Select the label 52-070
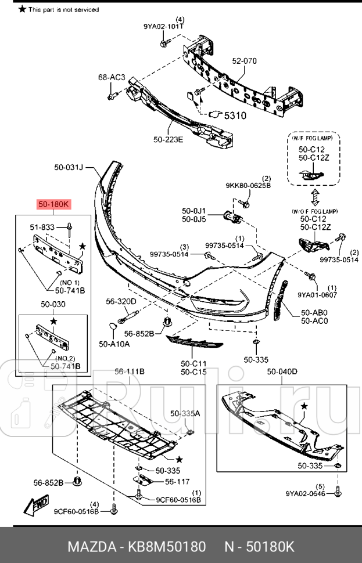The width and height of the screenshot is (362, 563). (244, 61)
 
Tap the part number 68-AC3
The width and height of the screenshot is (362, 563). (112, 77)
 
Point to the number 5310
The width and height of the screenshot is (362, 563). (235, 116)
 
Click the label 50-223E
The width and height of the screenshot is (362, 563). (169, 139)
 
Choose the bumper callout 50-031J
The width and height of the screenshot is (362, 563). (69, 168)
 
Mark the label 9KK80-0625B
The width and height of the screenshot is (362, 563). (248, 186)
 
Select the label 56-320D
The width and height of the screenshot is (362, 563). (121, 301)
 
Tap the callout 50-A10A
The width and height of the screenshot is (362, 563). (114, 344)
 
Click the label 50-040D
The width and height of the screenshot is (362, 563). (282, 371)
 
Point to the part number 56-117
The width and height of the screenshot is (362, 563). (177, 481)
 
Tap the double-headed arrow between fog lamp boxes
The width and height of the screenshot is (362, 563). (314, 197)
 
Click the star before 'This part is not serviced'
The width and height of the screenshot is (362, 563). (23, 9)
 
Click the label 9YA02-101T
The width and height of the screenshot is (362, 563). (164, 26)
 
